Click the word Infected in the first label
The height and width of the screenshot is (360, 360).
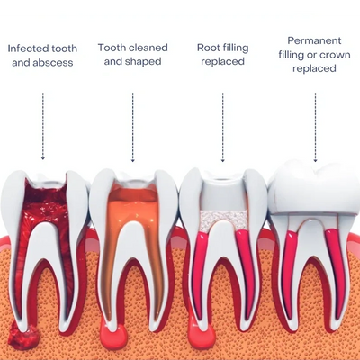(25, 49)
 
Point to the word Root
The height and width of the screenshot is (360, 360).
(208, 48)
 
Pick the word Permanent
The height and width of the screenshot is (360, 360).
(314, 40)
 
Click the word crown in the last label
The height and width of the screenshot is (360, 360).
(335, 55)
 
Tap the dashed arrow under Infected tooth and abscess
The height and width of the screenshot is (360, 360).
(43, 126)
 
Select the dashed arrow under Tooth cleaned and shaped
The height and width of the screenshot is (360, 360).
(133, 128)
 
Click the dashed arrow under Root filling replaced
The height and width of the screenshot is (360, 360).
(223, 128)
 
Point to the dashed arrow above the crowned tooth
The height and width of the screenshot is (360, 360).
(315, 128)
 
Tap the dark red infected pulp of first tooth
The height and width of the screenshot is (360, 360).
(45, 210)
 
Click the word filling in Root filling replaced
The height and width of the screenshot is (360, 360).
(235, 49)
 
